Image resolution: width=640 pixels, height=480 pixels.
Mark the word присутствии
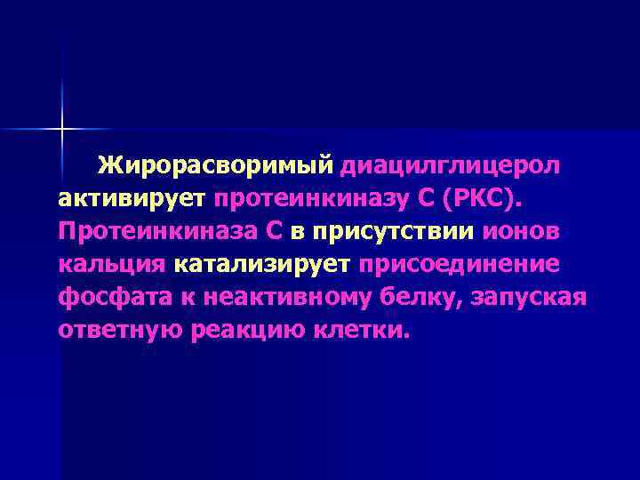[x=392, y=232]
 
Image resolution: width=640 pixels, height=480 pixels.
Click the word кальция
[x=112, y=264]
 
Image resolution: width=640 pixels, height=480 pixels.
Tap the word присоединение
[x=459, y=264]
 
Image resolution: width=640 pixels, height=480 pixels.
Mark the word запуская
[x=534, y=297]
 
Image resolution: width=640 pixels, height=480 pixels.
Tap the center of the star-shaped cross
[x=63, y=130]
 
